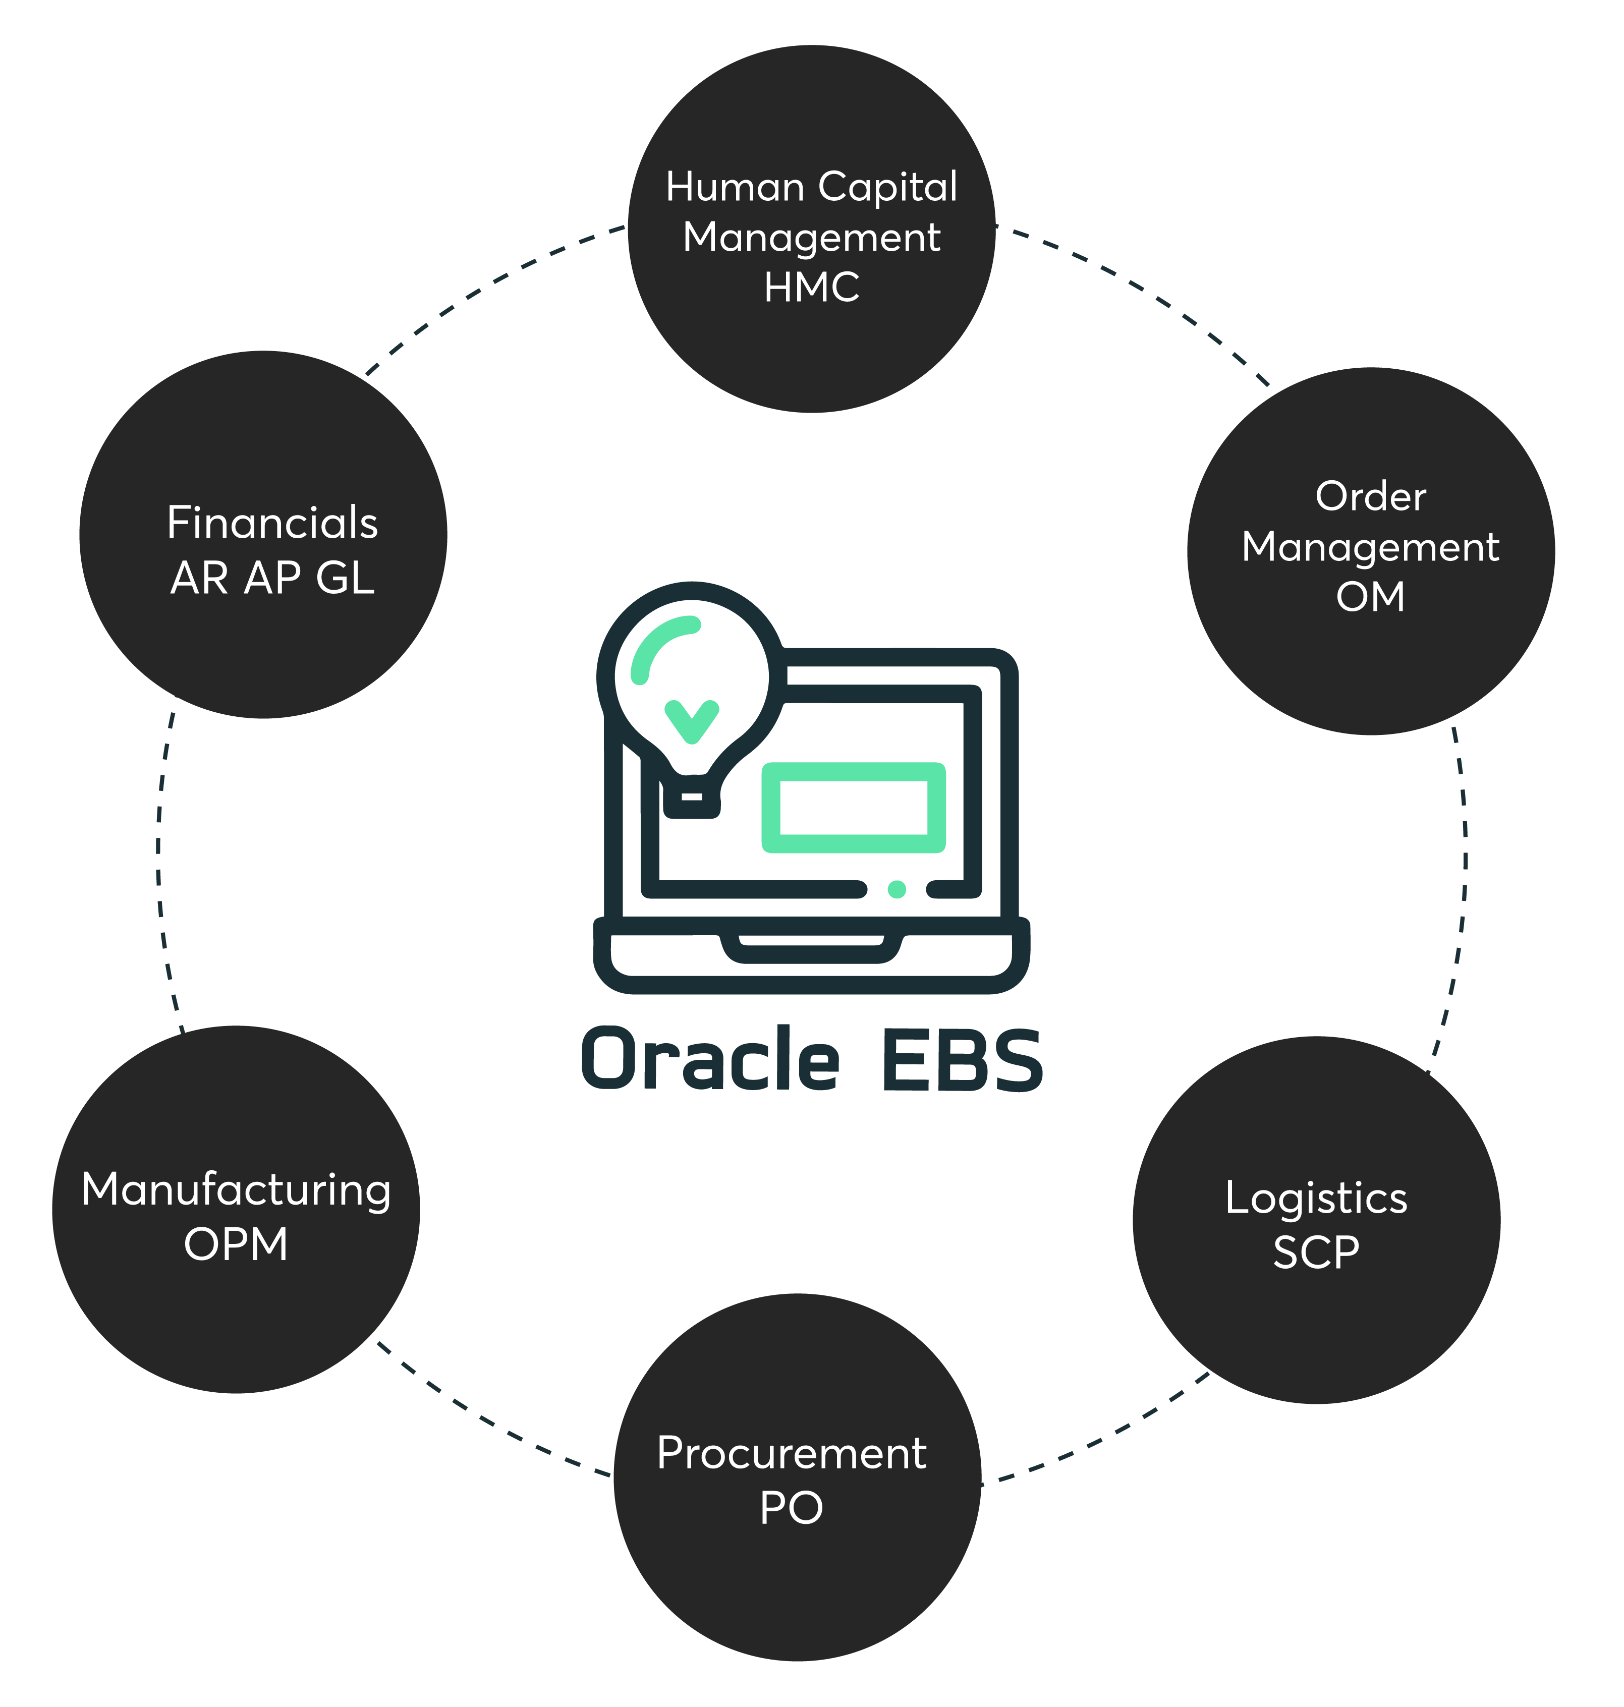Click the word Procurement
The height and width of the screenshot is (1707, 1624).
pos(791,1453)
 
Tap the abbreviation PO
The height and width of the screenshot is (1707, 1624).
pos(791,1508)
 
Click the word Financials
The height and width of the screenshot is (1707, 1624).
pos(272,523)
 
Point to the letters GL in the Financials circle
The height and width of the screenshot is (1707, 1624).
pos(345,578)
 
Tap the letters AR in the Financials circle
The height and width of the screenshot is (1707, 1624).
pos(199,578)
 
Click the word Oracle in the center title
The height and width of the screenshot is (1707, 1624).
pos(710,1059)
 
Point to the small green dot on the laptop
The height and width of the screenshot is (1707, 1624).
pos(897,889)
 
